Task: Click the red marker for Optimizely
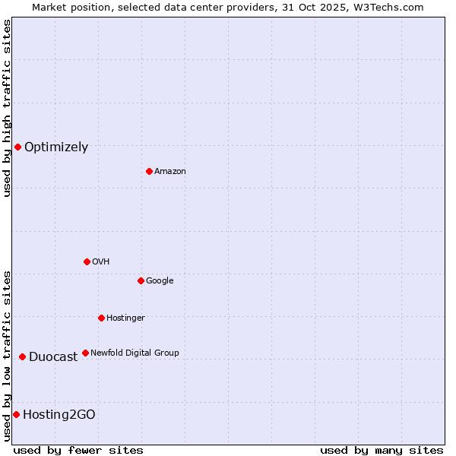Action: (17, 147)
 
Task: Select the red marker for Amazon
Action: (149, 171)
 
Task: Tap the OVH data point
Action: (87, 261)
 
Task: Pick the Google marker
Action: (141, 280)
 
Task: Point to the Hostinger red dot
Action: (101, 318)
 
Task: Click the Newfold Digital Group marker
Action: (85, 353)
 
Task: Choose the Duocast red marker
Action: (22, 356)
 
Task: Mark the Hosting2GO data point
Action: (16, 414)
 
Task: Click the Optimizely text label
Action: (56, 147)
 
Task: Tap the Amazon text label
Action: (170, 172)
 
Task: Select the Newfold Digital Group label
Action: (135, 353)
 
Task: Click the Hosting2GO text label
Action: (59, 414)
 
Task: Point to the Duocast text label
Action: (53, 357)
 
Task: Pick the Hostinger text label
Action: (125, 318)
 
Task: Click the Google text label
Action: (160, 281)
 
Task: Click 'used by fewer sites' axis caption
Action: (78, 450)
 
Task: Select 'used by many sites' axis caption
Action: (382, 450)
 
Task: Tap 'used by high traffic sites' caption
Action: (7, 108)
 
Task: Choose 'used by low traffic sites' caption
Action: (7, 354)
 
